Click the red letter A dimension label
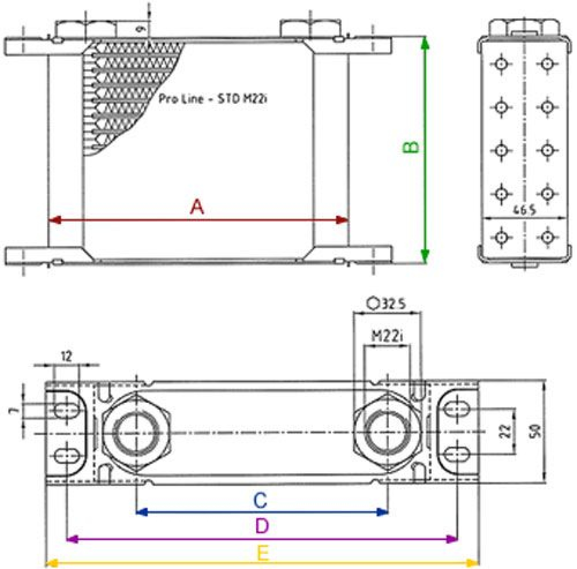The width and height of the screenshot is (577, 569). [197, 207]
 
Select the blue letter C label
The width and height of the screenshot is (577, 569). [260, 500]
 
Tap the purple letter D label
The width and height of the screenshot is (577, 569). [262, 526]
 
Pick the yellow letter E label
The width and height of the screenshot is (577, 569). [263, 555]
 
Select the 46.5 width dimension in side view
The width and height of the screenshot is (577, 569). [524, 211]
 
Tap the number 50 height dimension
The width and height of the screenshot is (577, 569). [534, 431]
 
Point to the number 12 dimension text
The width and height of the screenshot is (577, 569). [66, 356]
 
